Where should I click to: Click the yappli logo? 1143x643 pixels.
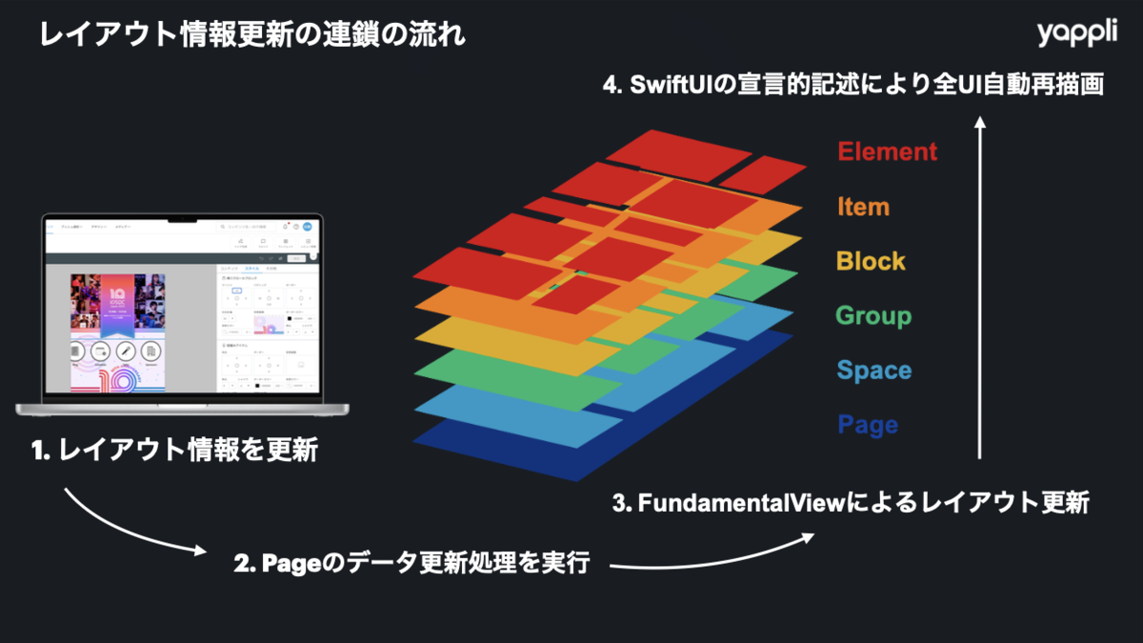(x=1077, y=34)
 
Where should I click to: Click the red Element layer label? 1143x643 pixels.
(x=887, y=151)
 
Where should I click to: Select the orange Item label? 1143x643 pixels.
(x=863, y=207)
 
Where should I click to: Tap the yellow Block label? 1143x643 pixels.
(x=871, y=261)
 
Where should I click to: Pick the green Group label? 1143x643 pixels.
(x=873, y=315)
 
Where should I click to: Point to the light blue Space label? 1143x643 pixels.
(x=873, y=371)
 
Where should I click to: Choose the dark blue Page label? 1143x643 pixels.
(x=868, y=425)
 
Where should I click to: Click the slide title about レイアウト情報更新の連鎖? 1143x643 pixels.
(x=252, y=36)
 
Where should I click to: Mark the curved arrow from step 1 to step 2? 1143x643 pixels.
(x=129, y=529)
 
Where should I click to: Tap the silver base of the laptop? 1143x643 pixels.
(x=182, y=409)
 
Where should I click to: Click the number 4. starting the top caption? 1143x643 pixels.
(x=613, y=85)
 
